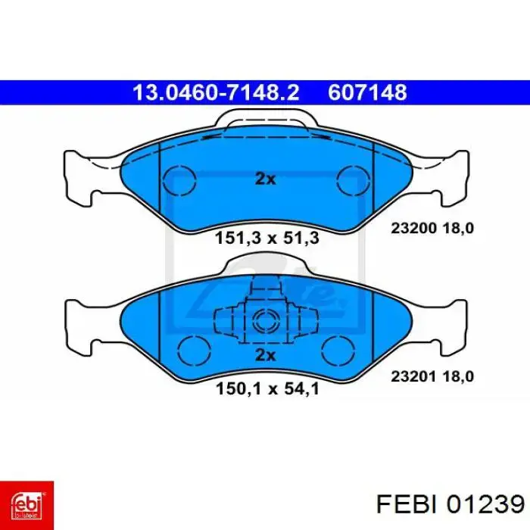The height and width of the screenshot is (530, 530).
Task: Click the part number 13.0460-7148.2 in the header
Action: (x=215, y=92)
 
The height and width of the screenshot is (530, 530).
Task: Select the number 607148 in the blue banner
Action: (x=368, y=92)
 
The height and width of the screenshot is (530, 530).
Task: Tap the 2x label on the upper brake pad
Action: (x=265, y=179)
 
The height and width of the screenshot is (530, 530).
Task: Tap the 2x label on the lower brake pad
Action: (x=265, y=356)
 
